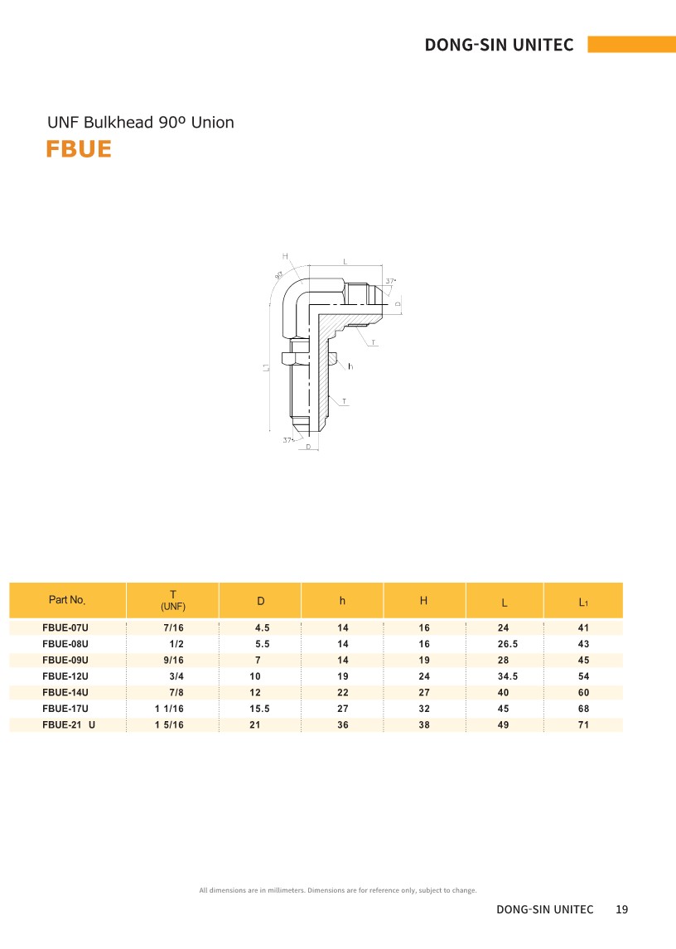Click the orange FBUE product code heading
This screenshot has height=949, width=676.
79,149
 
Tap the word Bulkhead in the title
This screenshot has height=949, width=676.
118,123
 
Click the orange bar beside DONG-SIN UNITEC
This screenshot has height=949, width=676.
632,44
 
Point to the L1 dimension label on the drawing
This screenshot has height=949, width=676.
266,367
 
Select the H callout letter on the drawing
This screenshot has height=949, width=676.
285,257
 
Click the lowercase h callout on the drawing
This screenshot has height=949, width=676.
350,366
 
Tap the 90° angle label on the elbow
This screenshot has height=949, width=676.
279,275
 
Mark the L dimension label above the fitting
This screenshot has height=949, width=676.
345,261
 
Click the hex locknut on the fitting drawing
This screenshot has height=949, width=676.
296,358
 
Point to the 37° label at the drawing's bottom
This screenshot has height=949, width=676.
288,440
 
